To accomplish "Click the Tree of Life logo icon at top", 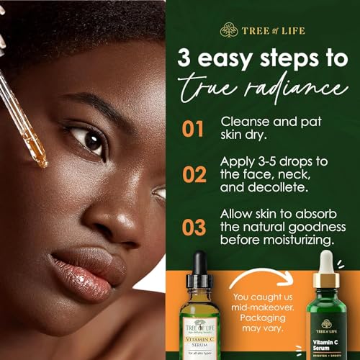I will [228, 30].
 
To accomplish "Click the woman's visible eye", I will [91, 138].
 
